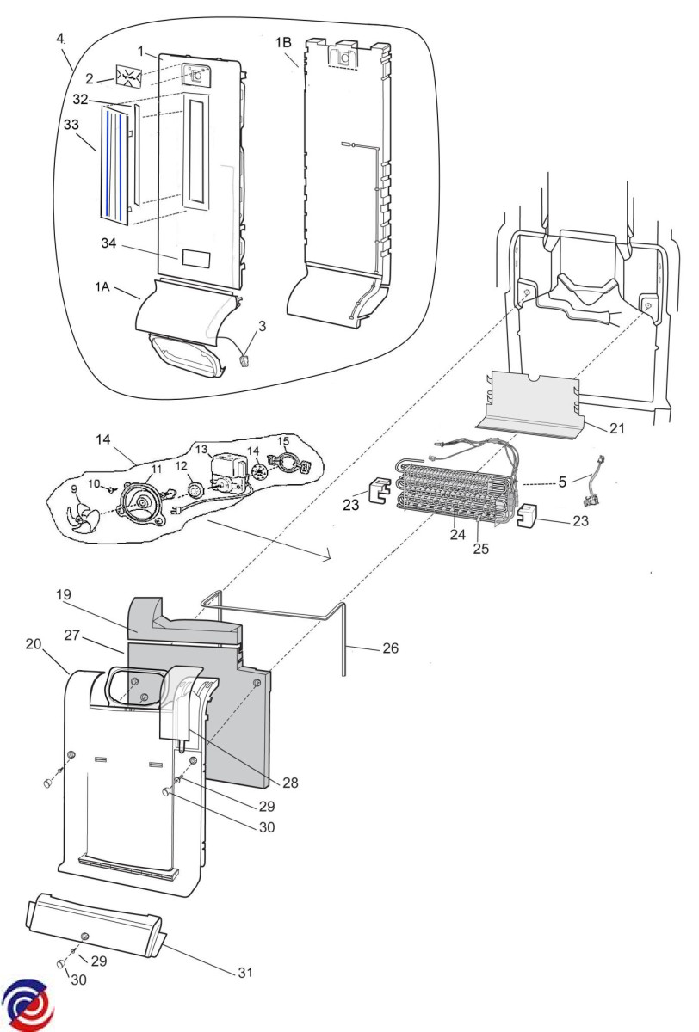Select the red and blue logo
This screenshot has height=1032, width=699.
click(28, 1004)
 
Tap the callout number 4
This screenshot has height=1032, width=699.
click(60, 39)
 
